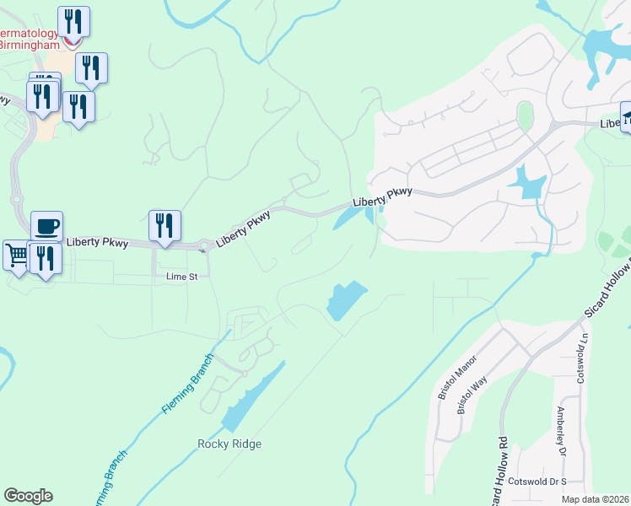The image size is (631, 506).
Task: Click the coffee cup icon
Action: pos(46,226)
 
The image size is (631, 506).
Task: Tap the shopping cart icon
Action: pos(16,254)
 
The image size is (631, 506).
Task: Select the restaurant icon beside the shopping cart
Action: pos(43,257)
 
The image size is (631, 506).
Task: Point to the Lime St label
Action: pos(181,276)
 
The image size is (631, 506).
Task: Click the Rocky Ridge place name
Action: pos(229,444)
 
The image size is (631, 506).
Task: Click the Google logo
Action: pos(28,496)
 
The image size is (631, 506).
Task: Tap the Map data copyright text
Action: pos(596,499)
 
